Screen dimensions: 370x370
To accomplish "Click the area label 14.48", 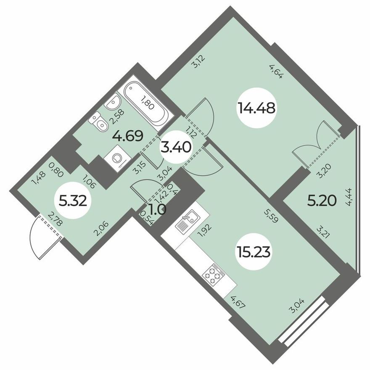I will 256,108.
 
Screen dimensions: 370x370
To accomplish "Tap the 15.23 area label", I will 253,252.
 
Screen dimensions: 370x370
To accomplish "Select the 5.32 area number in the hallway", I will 73,201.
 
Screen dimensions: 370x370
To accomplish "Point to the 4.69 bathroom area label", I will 128,136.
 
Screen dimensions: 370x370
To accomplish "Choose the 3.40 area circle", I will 176,148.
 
